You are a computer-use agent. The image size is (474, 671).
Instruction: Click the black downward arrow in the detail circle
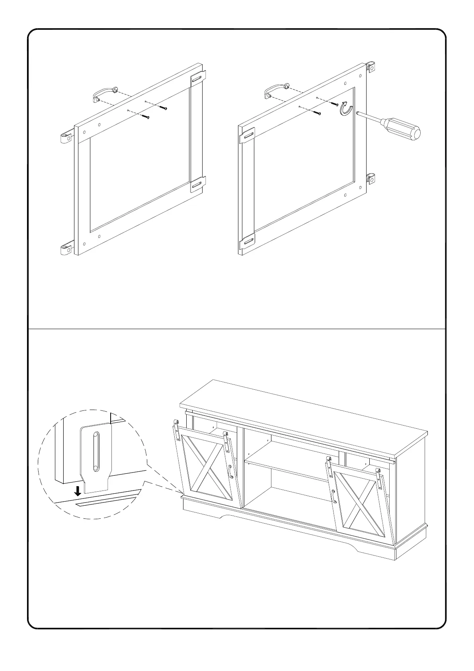78,490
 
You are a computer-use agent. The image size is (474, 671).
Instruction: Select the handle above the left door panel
104,94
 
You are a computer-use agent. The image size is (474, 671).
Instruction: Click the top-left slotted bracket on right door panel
247,136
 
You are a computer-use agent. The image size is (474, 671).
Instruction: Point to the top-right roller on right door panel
371,68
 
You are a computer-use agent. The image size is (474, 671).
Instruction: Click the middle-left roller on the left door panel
65,138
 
